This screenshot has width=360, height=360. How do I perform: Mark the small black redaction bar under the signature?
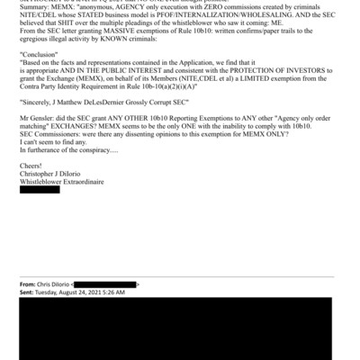[39, 202]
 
